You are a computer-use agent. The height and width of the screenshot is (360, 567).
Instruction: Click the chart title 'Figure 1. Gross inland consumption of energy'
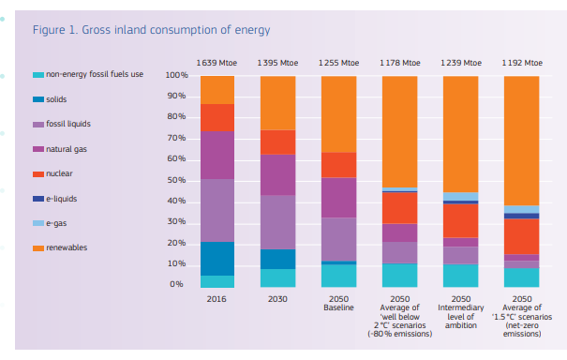coord(145,30)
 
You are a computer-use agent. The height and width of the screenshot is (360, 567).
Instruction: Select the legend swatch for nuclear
coord(37,174)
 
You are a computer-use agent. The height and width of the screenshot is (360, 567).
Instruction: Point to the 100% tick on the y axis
coord(177,75)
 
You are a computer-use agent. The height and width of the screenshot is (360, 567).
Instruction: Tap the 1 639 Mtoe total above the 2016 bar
coord(216,62)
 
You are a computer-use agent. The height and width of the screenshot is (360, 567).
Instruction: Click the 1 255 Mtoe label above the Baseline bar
coord(338,62)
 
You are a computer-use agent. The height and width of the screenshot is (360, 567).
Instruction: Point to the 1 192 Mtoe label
coord(521,62)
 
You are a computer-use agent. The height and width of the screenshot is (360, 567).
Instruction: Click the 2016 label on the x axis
coord(216,298)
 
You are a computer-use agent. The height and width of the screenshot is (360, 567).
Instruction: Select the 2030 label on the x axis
coord(277,298)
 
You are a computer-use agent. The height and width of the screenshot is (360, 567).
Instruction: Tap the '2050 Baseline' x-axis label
coord(338,303)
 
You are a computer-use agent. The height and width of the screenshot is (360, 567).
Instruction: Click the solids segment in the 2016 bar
coord(216,259)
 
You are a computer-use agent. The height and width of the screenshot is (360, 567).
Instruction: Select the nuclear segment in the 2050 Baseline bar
coord(338,165)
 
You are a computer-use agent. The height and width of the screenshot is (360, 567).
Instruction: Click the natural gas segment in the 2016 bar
coord(216,155)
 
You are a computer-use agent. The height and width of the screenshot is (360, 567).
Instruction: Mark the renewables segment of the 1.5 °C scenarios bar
coord(521,141)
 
